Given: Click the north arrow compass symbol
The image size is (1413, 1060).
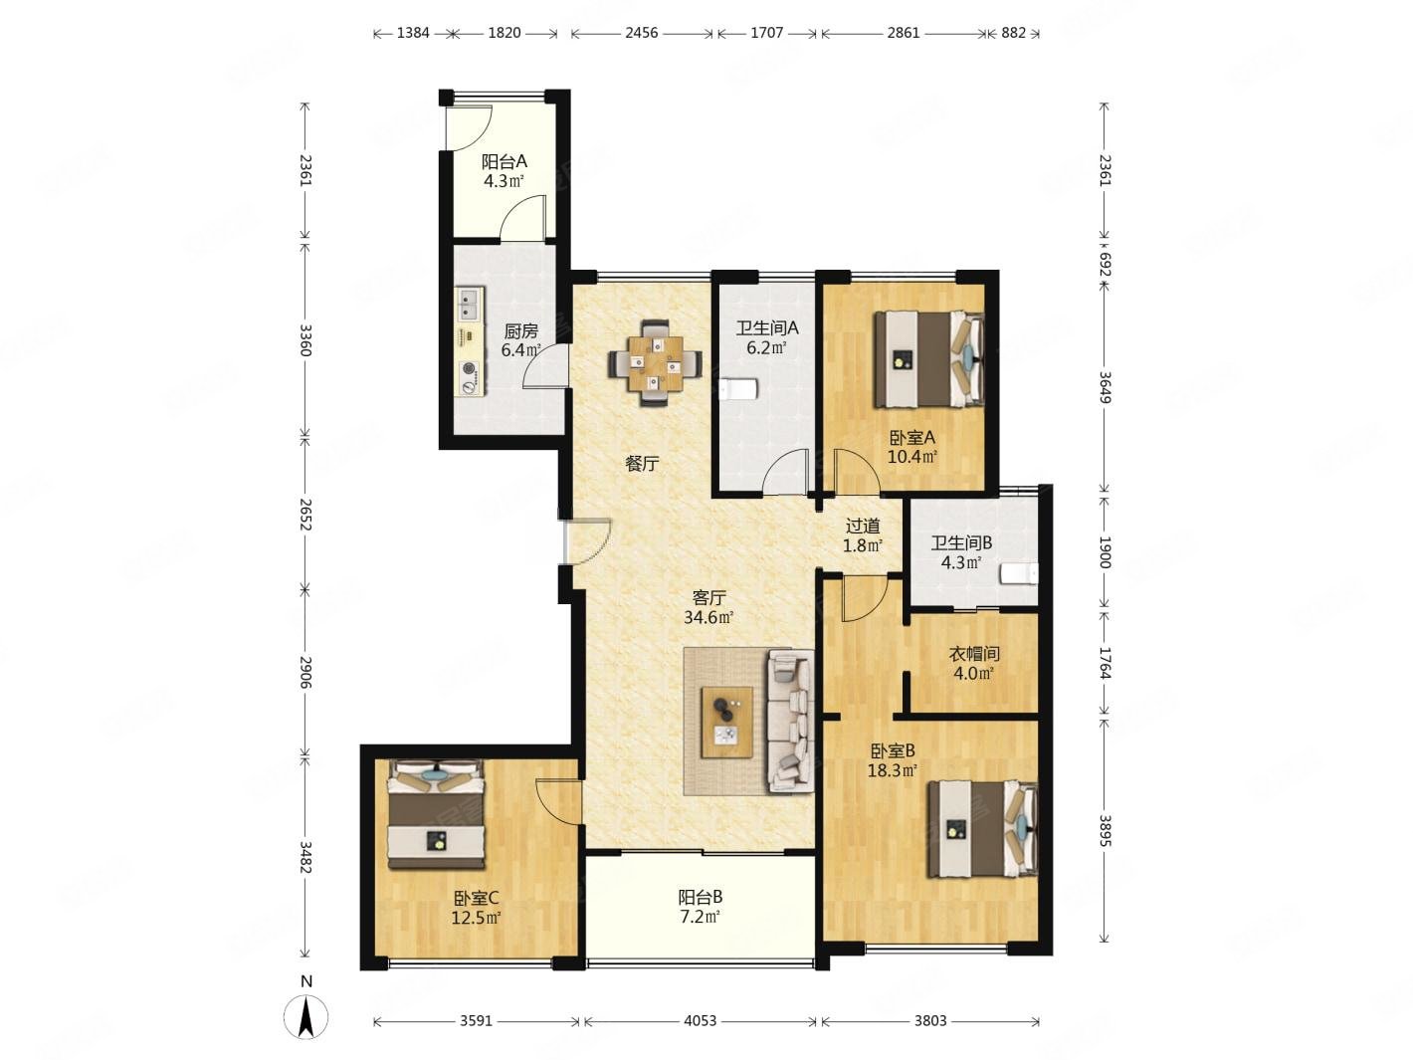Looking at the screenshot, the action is (x=306, y=1017).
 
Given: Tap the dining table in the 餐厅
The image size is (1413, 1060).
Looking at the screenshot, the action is (x=656, y=363).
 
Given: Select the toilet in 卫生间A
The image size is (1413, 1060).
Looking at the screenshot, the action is (x=737, y=390).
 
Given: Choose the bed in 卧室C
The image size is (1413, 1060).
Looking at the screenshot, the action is (x=435, y=813).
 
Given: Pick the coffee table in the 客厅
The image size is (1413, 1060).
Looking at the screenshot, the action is (x=727, y=723).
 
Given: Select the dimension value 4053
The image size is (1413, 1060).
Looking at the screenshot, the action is (x=700, y=1021).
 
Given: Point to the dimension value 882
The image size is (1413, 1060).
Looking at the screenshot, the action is (x=1013, y=33).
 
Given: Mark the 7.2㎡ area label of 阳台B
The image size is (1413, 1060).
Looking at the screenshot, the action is (x=700, y=917).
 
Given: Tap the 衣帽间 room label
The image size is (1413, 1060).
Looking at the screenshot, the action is (x=974, y=654).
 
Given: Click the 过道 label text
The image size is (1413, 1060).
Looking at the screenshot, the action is (x=863, y=527).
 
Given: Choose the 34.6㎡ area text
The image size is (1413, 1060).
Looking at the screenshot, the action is (x=708, y=618).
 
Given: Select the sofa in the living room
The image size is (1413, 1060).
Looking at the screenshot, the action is (x=790, y=721).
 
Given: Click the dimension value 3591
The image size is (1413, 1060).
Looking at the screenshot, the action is (x=477, y=1021).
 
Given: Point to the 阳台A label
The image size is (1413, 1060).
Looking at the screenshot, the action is (x=505, y=161).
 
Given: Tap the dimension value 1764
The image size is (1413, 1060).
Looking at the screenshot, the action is (x=1105, y=664).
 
